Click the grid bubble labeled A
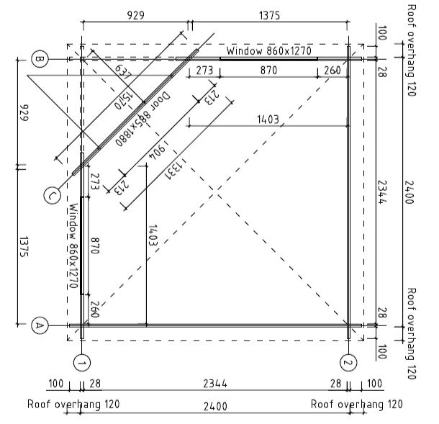(x=40, y=325)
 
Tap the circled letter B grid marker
(x=40, y=59)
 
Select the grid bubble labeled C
(x=53, y=195)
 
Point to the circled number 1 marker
(x=82, y=363)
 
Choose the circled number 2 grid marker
(x=348, y=363)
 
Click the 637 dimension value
(x=123, y=72)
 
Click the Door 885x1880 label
(x=142, y=119)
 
